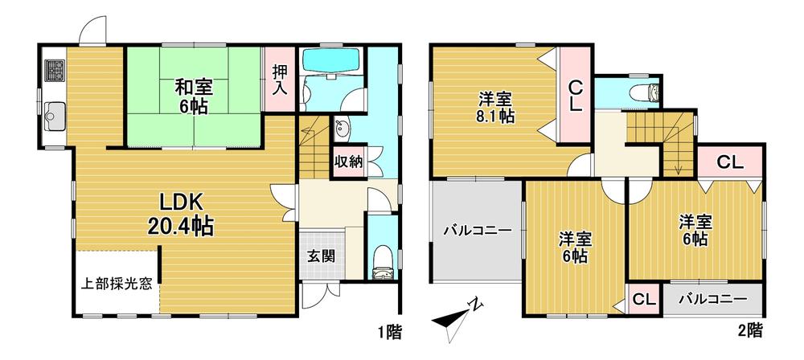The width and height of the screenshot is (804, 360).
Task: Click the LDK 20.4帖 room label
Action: coord(180,215)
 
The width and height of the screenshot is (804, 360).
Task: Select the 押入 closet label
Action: coord(280,80)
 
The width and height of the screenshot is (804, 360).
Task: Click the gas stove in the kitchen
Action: coord(54,70)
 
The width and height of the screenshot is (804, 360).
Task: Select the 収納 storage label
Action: coord(349,162)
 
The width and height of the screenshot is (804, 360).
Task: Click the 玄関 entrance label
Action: coord(322,256)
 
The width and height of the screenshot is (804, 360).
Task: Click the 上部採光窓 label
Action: coord(117,284)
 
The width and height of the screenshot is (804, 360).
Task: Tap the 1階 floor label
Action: coord(390,333)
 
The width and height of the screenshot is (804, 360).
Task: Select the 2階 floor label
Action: coord(751,330)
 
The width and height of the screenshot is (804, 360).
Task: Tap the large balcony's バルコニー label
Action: coord(478,231)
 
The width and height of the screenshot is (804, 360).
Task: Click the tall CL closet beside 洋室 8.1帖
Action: coord(576,96)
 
